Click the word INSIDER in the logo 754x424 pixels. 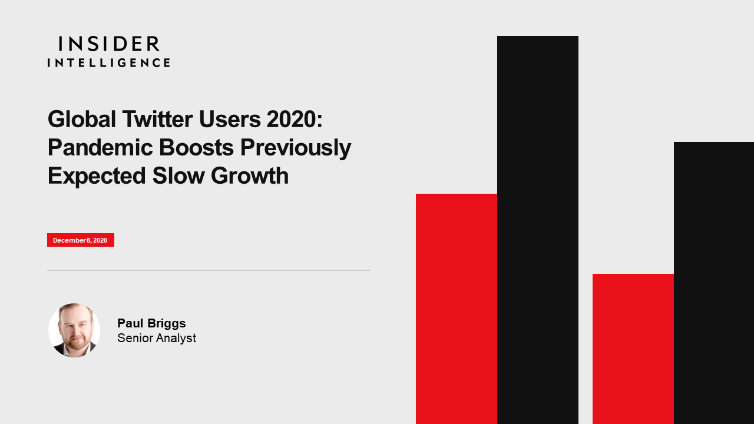click(109, 44)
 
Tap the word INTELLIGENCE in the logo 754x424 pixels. click(109, 62)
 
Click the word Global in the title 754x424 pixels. click(82, 119)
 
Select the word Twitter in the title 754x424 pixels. click(157, 119)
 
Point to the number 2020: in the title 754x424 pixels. click(294, 119)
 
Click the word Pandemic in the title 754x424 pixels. click(100, 147)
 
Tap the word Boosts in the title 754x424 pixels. click(196, 147)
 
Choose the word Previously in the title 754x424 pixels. click(296, 148)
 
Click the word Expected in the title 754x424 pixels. click(97, 176)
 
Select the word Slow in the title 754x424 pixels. click(178, 175)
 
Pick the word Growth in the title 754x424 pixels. click(250, 175)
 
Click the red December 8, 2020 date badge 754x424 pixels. click(81, 240)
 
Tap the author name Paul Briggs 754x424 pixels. click(151, 323)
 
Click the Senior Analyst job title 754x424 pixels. click(157, 338)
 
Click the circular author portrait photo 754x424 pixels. click(74, 330)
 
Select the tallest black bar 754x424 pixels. click(538, 230)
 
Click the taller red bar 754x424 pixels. click(457, 309)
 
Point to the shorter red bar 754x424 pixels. click(633, 349)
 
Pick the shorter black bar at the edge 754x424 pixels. click(714, 283)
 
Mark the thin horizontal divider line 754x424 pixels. click(209, 270)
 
